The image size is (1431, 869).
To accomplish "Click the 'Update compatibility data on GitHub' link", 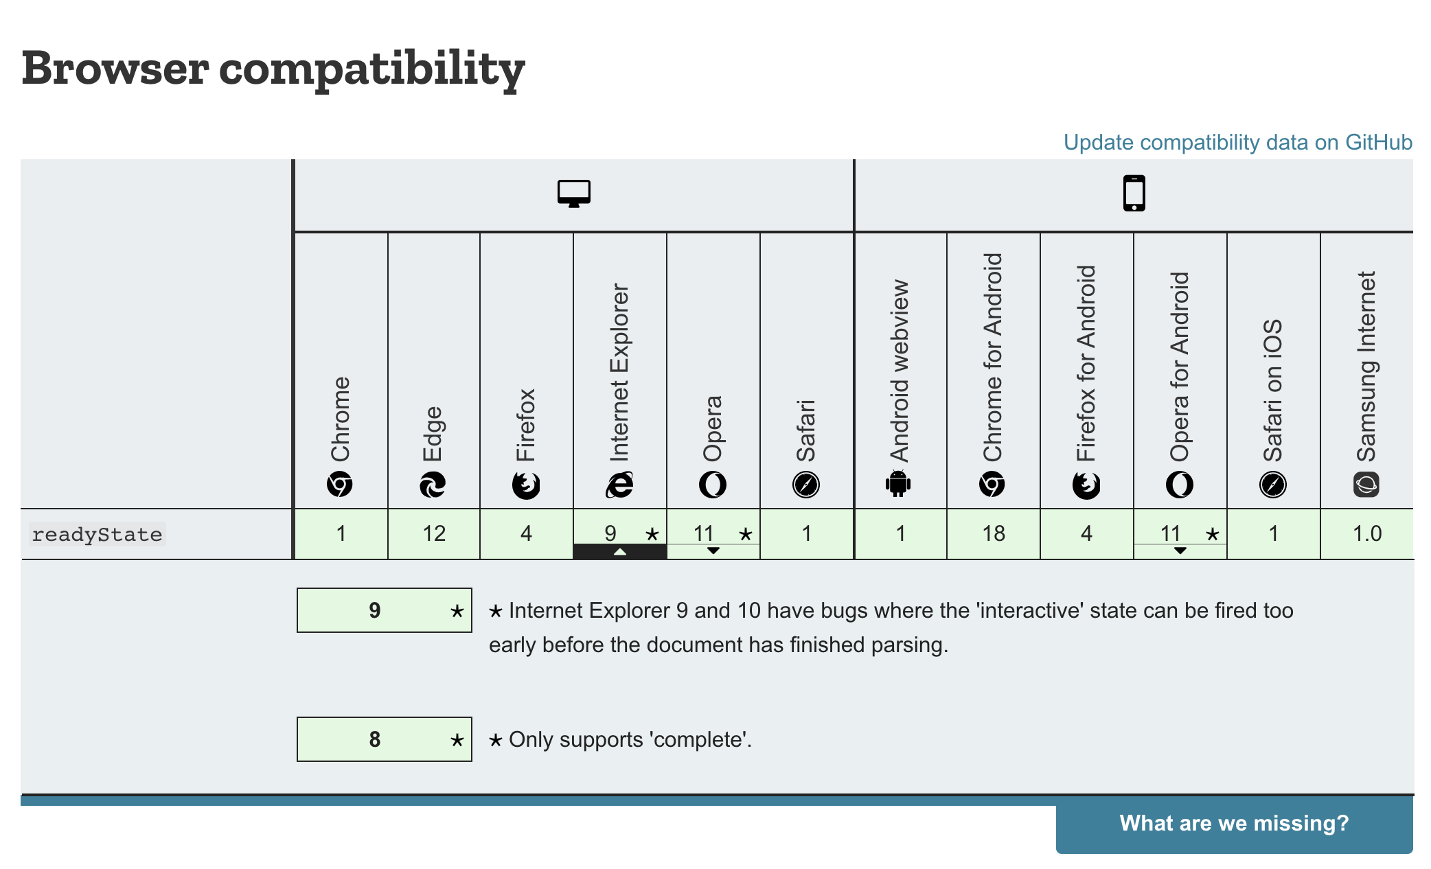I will pyautogui.click(x=1237, y=142).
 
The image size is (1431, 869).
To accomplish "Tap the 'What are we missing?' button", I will pyautogui.click(x=1234, y=823).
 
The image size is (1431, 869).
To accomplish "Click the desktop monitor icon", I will pyautogui.click(x=574, y=194).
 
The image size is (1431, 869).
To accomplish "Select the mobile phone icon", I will pyautogui.click(x=1134, y=194).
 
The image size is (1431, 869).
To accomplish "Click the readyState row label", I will pyautogui.click(x=97, y=534).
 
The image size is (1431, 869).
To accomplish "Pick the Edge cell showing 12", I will pyautogui.click(x=434, y=533).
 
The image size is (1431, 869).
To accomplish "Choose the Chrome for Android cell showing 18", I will pyautogui.click(x=994, y=533).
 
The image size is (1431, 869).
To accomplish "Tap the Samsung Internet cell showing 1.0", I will pyautogui.click(x=1366, y=533).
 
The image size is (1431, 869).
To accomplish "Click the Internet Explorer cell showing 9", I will pyautogui.click(x=619, y=533).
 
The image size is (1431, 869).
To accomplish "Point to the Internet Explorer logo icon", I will pyautogui.click(x=619, y=485).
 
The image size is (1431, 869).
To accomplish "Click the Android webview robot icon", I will pyautogui.click(x=898, y=484).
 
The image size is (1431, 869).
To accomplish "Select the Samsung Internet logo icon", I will pyautogui.click(x=1366, y=485).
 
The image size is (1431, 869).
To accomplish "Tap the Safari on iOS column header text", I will pyautogui.click(x=1272, y=390).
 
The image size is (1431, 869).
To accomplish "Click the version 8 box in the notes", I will pyautogui.click(x=384, y=739).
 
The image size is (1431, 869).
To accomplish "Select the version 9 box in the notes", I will pyautogui.click(x=384, y=610).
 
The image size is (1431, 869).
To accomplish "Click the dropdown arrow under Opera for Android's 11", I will pyautogui.click(x=1180, y=551).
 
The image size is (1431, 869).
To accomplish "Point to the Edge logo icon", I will pyautogui.click(x=433, y=485).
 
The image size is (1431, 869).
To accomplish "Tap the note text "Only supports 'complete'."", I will pyautogui.click(x=630, y=739).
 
